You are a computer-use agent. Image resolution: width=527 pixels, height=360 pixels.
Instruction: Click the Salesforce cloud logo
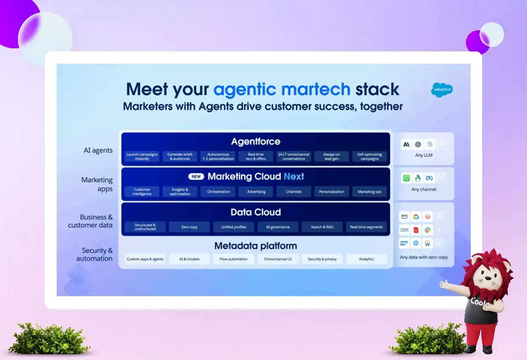tap(442, 90)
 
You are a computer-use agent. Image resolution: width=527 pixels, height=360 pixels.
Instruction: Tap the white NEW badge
tap(196, 176)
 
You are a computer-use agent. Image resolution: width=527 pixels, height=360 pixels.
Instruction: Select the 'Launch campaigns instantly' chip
tap(142, 156)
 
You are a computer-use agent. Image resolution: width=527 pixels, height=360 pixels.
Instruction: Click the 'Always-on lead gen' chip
tap(332, 156)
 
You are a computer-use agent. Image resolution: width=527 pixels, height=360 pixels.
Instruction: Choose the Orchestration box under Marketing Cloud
tap(218, 192)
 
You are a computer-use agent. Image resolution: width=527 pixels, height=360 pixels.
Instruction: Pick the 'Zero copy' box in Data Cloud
tap(189, 227)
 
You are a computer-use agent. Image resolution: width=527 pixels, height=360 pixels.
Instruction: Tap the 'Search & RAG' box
tap(322, 227)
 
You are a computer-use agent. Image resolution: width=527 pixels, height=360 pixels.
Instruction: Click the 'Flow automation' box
tap(233, 259)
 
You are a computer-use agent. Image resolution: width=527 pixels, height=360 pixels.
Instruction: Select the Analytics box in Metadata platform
tap(366, 259)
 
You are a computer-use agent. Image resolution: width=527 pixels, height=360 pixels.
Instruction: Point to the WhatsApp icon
tap(406, 178)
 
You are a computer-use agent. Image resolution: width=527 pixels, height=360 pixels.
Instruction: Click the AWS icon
tap(404, 216)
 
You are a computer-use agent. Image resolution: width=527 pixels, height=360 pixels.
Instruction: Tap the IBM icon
tap(404, 230)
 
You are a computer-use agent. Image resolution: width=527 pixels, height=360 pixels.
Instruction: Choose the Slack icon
tap(427, 230)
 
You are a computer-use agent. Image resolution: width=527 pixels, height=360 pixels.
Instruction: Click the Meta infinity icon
tap(430, 178)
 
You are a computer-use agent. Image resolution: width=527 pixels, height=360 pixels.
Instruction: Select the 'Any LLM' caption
tap(424, 155)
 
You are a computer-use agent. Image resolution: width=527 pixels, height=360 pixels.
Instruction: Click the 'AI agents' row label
tap(98, 150)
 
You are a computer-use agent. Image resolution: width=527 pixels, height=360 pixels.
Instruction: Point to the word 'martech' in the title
tap(316, 90)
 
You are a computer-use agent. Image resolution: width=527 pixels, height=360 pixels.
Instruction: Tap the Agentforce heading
tap(256, 141)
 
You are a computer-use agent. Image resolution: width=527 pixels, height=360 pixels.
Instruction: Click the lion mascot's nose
tap(488, 278)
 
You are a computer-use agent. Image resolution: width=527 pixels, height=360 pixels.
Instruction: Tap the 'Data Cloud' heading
tap(256, 212)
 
